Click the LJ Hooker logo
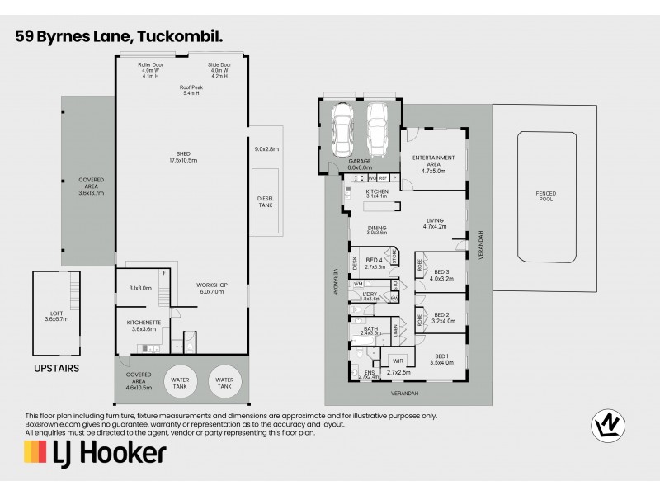coord(95,452)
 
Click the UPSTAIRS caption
coord(56,369)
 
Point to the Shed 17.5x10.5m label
coord(183,157)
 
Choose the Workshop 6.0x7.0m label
coord(212,288)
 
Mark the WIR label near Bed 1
coord(398,360)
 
